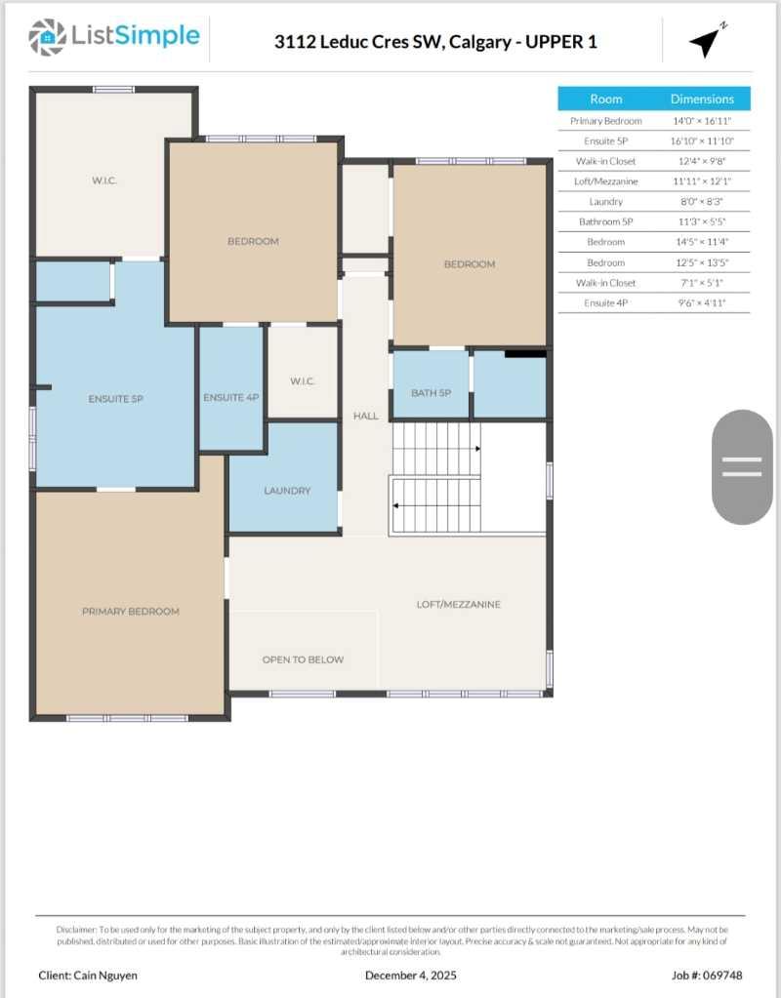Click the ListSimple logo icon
[x=43, y=37]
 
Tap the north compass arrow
[x=706, y=40]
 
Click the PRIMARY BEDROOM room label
[x=130, y=612]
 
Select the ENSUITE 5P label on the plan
[x=115, y=399]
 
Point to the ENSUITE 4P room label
[x=230, y=397]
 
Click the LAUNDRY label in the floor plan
[x=287, y=491]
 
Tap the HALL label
[x=365, y=417]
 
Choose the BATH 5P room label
[x=431, y=393]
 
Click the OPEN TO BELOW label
[x=303, y=659]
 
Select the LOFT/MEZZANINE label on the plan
[x=458, y=605]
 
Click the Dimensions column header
[x=701, y=99]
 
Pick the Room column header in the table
[x=605, y=99]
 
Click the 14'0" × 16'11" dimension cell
[x=701, y=121]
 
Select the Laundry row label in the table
[x=605, y=202]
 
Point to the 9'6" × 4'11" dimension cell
[x=701, y=303]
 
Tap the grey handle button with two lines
[x=742, y=466]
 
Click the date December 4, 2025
[x=410, y=976]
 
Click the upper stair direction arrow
[x=476, y=449]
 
